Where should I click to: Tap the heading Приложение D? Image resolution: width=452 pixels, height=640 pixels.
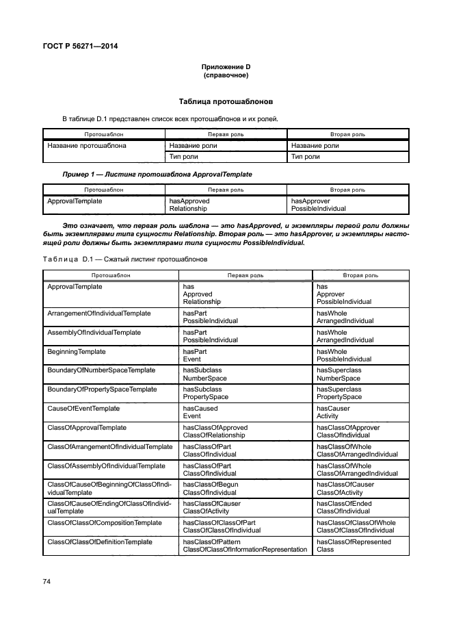[x=225, y=67]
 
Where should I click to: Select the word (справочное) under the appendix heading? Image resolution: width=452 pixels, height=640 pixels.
[x=225, y=75]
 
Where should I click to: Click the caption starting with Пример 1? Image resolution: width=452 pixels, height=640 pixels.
[x=157, y=175]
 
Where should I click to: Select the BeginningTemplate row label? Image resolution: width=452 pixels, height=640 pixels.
[x=76, y=351]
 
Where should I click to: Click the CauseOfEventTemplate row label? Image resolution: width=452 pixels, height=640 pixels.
[x=83, y=408]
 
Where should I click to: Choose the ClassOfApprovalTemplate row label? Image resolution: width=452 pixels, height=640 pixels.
[x=87, y=427]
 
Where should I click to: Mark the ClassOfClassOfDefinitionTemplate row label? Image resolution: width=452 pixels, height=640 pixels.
[x=100, y=541]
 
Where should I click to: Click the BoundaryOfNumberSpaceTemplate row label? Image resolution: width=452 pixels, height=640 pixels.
[x=101, y=370]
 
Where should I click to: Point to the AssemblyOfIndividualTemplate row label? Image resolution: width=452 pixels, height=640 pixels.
[x=94, y=332]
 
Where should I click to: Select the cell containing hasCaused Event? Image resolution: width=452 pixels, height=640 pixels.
[x=200, y=411]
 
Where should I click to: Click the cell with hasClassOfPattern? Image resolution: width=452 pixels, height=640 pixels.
[x=245, y=546]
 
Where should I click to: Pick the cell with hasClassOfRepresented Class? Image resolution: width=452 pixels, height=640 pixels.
[x=354, y=546]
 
